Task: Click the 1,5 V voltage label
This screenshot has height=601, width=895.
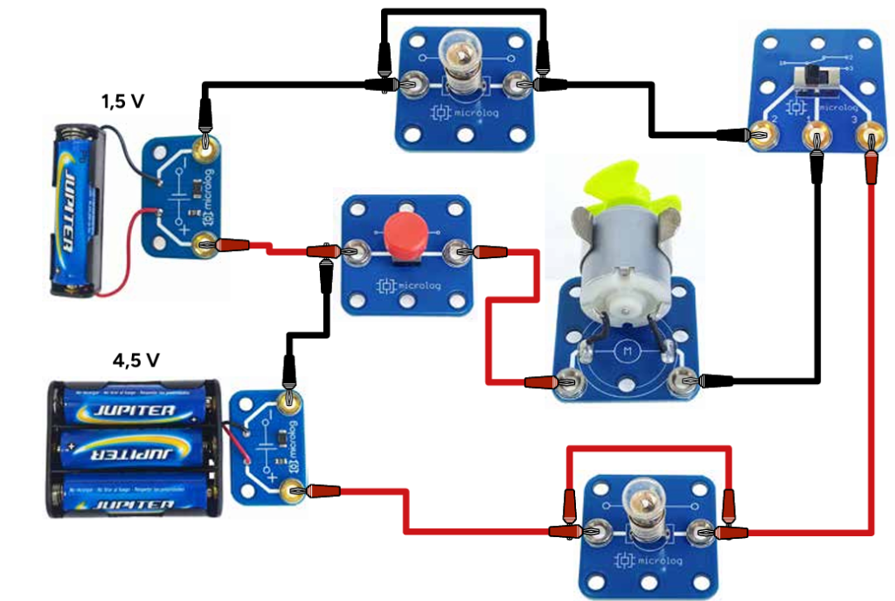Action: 122,101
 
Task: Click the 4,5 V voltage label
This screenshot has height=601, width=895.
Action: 135,360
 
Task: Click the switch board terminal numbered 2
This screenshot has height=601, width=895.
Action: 763,135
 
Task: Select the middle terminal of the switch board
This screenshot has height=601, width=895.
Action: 815,136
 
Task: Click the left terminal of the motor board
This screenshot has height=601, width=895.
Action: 572,381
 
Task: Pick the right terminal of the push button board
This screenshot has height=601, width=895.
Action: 457,254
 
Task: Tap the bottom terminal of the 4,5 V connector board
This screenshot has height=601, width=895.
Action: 291,492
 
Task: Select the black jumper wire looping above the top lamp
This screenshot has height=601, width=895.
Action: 463,12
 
